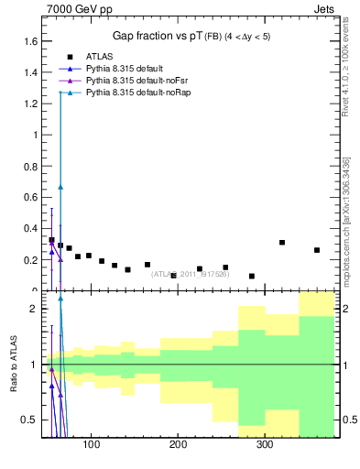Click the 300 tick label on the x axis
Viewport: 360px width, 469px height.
coord(264,445)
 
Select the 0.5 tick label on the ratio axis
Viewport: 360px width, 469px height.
coord(32,420)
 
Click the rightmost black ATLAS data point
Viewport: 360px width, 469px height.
coord(317,250)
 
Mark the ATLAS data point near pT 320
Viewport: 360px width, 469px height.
coord(282,243)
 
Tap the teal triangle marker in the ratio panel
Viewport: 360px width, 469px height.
coord(60,298)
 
